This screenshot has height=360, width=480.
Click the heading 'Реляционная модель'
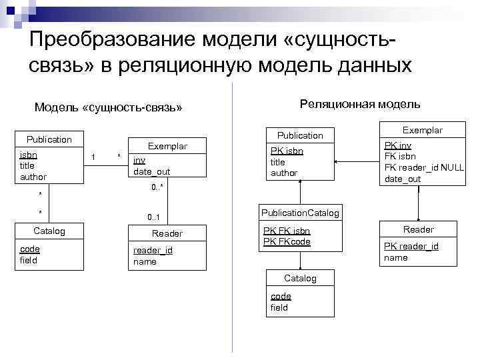360,103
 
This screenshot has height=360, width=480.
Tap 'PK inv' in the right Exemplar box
398,145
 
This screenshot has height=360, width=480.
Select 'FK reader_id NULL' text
423,167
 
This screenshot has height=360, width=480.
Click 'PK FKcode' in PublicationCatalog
287,242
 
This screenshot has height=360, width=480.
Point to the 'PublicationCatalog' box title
300,213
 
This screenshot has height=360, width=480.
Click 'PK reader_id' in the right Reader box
411,246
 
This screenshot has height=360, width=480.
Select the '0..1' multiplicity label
157,217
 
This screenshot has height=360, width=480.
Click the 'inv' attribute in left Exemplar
139,160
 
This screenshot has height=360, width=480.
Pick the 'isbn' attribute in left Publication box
29,155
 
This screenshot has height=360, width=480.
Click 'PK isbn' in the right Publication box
287,151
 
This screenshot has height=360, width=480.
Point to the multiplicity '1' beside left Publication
93,157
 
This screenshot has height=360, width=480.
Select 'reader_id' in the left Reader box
153,250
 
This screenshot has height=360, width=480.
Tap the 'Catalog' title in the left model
49,231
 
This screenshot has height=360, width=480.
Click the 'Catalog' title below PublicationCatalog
300,278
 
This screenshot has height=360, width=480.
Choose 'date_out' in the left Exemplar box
151,172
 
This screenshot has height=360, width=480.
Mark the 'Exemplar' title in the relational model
423,130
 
